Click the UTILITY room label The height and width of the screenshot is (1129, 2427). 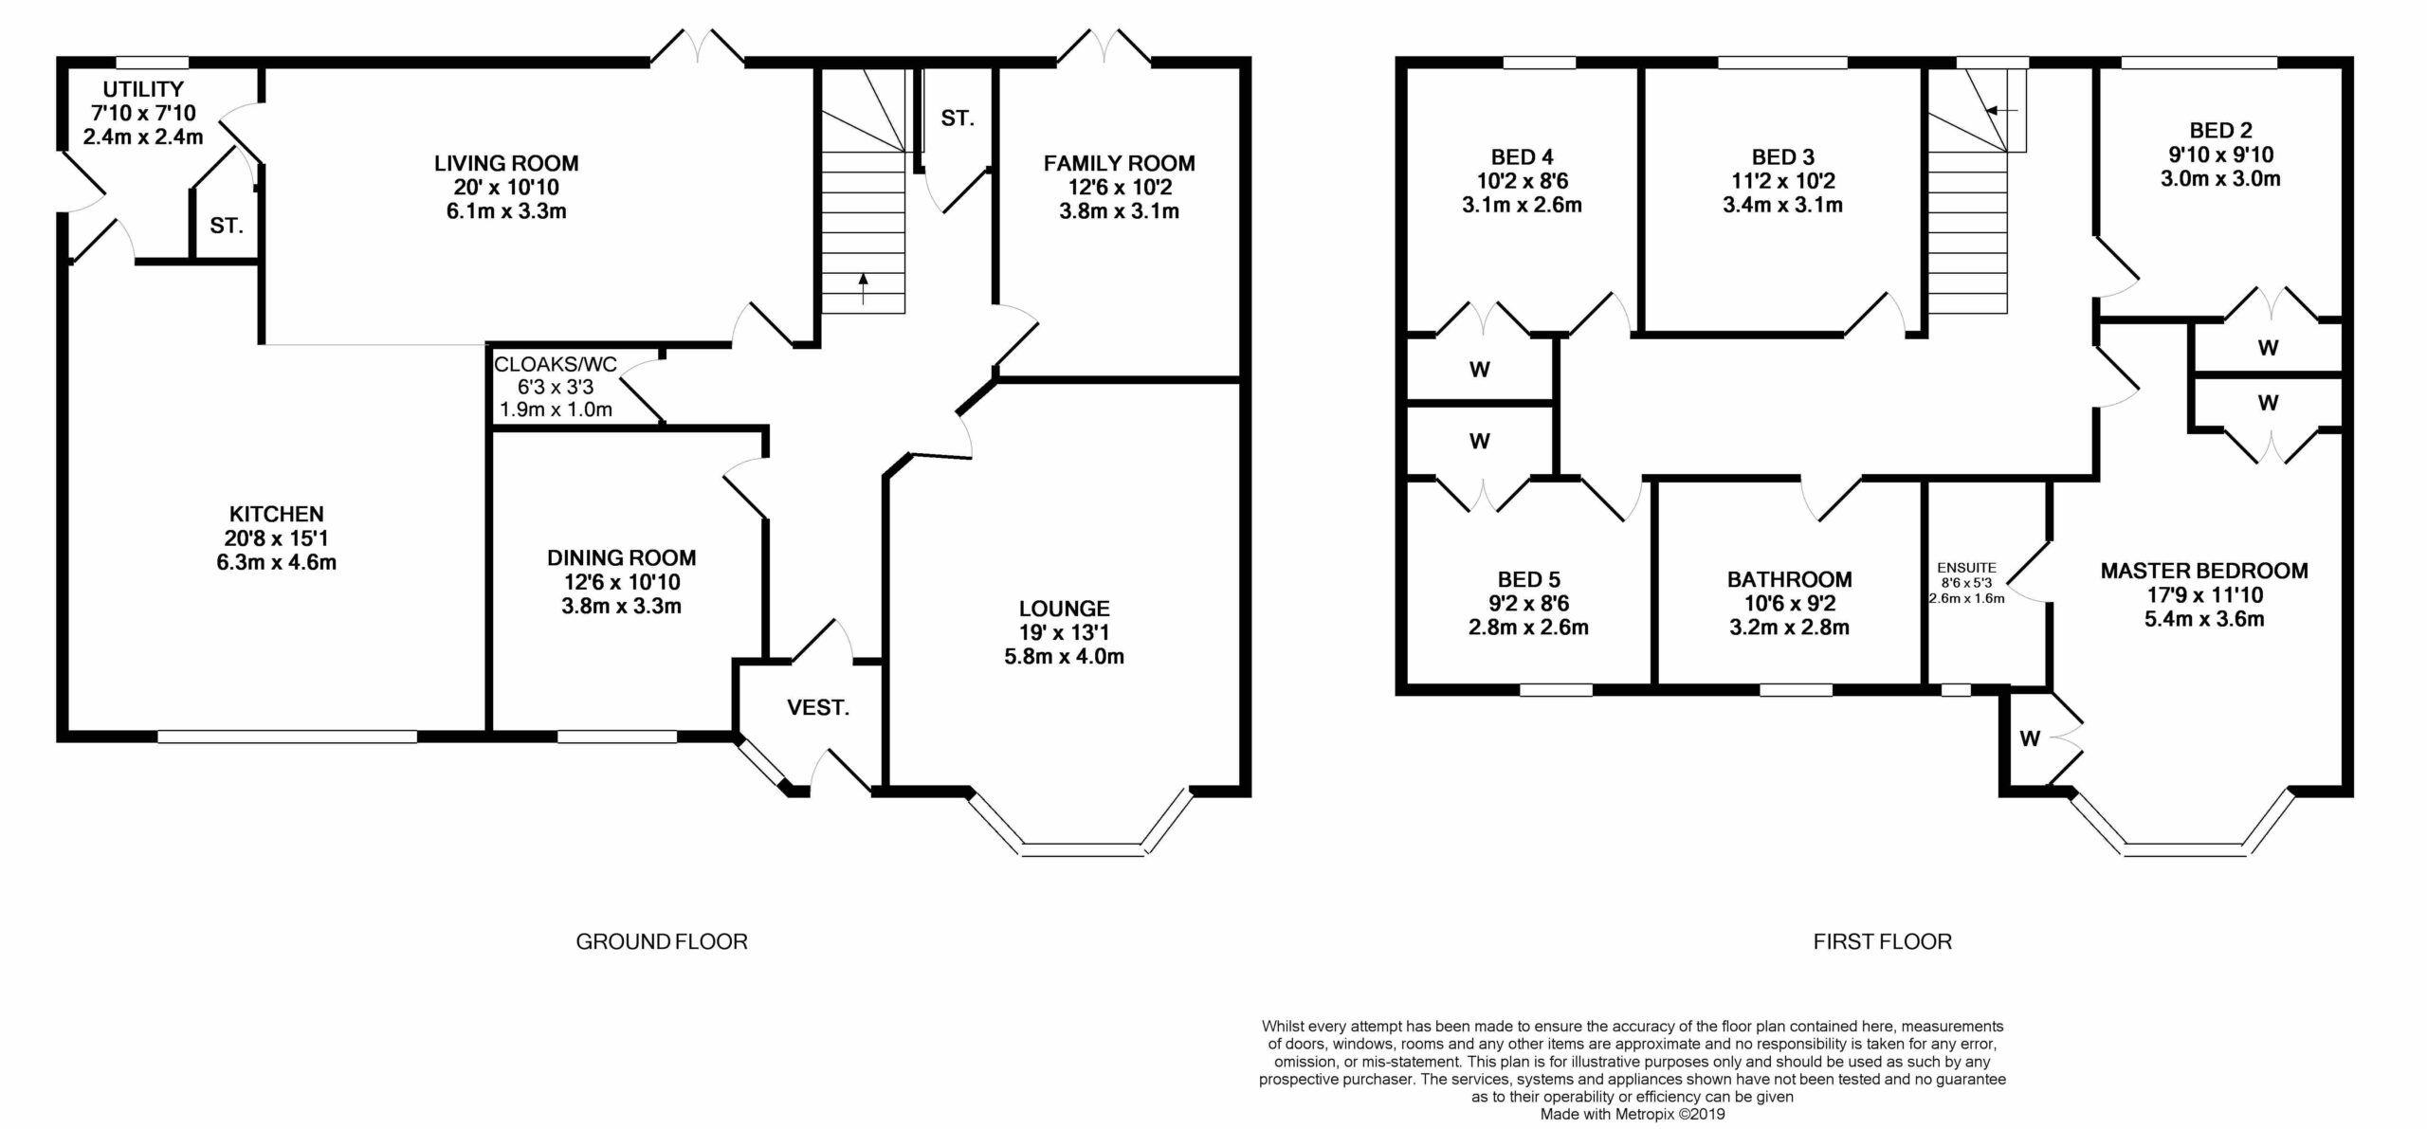143,90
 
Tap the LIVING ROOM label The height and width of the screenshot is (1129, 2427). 506,163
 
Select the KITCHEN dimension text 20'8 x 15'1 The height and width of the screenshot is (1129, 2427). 277,538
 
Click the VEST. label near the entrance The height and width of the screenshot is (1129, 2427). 818,707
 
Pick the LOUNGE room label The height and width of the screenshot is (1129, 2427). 1065,609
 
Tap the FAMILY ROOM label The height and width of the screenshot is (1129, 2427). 1120,163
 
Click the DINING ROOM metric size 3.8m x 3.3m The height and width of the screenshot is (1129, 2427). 621,606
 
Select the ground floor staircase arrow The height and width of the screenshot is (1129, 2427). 863,288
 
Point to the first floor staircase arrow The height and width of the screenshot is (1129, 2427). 2002,110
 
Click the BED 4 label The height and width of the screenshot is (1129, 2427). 1523,157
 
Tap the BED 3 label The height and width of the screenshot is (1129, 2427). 1783,157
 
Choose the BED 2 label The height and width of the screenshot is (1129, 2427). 2221,131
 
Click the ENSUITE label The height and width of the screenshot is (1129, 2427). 1966,569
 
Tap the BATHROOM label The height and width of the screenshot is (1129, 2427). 1789,579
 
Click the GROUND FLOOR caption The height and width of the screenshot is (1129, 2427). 662,941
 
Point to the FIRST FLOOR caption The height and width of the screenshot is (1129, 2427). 1883,941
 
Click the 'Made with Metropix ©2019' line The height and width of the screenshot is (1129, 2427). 1633,1115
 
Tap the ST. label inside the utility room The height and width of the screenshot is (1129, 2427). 227,226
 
